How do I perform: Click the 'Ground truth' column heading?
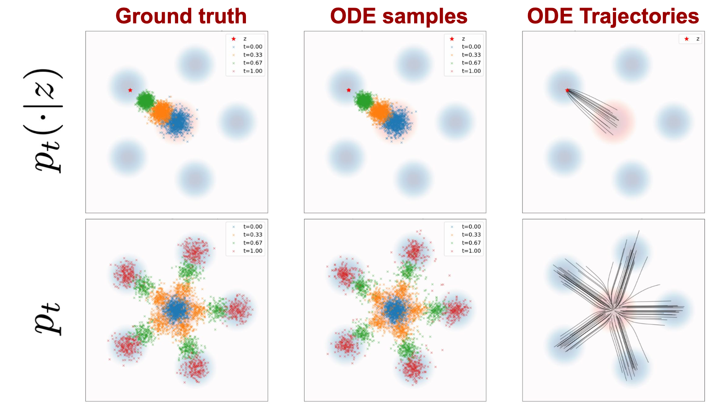181,16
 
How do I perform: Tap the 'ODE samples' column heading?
399,16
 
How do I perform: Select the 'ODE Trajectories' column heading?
613,16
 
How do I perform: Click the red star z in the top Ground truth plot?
130,90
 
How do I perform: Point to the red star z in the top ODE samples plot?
349,90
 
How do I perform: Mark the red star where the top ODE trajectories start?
567,90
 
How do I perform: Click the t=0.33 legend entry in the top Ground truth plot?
247,55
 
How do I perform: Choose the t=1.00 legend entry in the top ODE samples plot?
465,71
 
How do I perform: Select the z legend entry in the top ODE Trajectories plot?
692,39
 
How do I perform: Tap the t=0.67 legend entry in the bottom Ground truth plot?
247,243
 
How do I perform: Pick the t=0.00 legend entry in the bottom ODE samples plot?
465,227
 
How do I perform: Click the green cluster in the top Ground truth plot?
145,100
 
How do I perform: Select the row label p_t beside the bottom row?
48,319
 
